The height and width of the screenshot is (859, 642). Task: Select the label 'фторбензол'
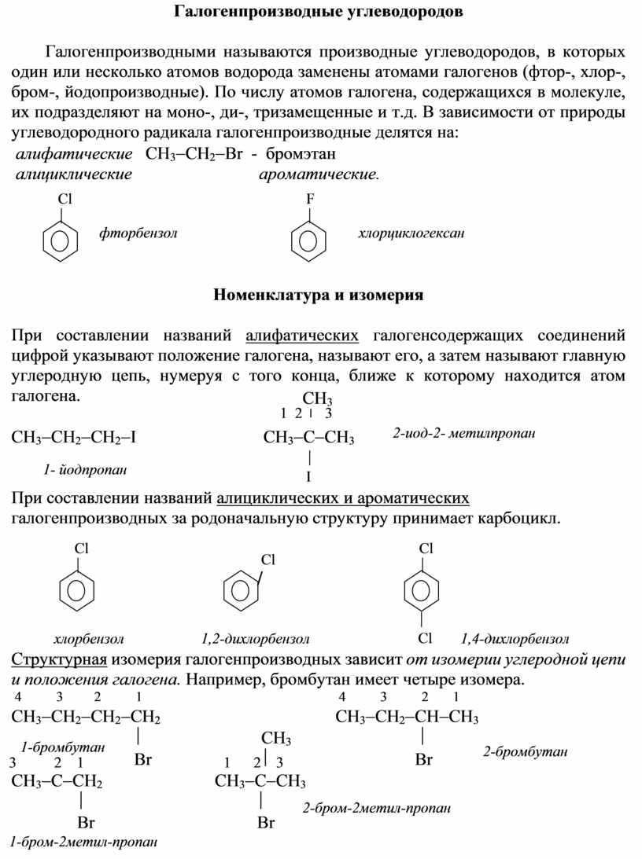pos(138,233)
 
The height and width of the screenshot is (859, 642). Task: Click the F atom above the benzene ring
pos(309,200)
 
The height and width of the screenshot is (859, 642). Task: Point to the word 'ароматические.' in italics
pos(319,174)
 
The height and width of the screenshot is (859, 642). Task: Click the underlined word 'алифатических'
pos(302,336)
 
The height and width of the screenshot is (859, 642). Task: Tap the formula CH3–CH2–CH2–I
pos(74,437)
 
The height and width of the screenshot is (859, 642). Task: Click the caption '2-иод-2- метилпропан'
pos(463,434)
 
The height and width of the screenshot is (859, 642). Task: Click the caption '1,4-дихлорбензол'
pos(515,638)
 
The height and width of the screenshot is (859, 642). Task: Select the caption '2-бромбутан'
pos(525,752)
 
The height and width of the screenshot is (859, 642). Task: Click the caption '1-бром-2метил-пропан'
pos(83,842)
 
